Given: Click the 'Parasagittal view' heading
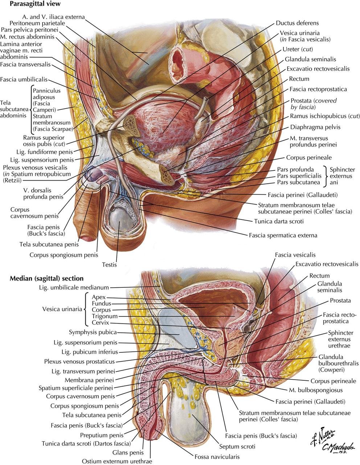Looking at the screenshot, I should point(35,4).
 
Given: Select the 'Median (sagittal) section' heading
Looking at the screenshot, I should point(46,279).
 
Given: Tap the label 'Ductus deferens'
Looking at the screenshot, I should point(297,23).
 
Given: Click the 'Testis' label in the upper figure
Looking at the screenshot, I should point(109,264).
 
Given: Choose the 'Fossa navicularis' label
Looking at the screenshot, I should point(217,457).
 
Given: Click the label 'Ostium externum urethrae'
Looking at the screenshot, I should point(117,461).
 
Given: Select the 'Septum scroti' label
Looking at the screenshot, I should point(237,446).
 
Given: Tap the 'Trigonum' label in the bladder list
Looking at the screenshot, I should point(105,316).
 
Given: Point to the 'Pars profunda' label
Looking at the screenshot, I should point(295,169).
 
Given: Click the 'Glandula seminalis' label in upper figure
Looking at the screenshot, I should point(310,59).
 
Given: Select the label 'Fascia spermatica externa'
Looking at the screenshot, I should point(283,235).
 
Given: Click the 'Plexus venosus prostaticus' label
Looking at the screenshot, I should point(79,361).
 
